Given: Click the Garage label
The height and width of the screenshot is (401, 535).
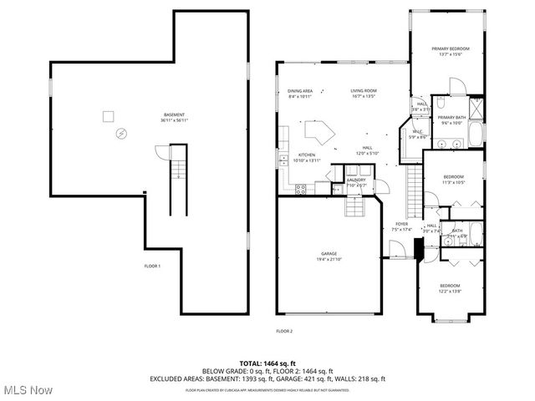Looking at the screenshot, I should (329, 256).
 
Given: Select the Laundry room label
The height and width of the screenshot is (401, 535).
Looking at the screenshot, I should (357, 180).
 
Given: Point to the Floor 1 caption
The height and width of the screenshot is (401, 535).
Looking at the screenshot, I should (151, 266).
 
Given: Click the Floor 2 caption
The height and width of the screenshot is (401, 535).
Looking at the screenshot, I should (284, 331).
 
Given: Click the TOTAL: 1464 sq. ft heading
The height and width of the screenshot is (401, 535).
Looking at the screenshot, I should (267, 363).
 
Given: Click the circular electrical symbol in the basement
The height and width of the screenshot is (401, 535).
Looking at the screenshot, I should (122, 132).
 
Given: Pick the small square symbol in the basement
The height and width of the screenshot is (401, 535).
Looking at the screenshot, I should (107, 116).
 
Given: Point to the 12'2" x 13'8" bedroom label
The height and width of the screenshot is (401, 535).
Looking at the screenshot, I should (450, 289).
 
